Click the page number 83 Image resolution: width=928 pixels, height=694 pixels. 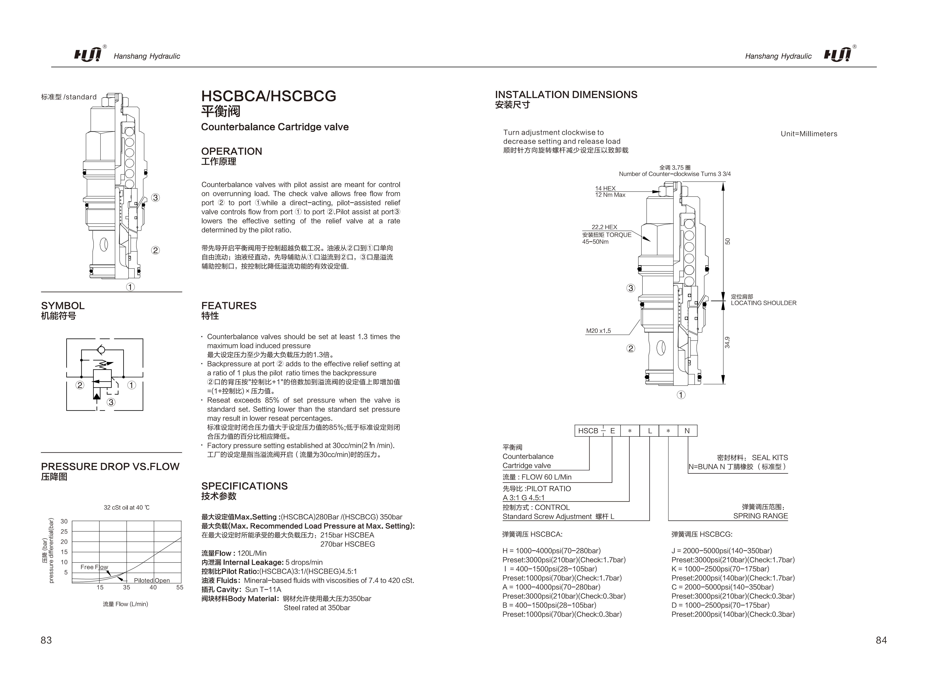(x=46, y=640)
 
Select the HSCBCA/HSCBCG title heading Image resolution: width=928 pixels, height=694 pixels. (x=269, y=96)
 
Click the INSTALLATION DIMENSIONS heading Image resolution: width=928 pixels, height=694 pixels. (x=566, y=95)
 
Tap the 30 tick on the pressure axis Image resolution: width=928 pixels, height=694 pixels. (x=64, y=522)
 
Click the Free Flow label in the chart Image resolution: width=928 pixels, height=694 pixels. (x=94, y=567)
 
